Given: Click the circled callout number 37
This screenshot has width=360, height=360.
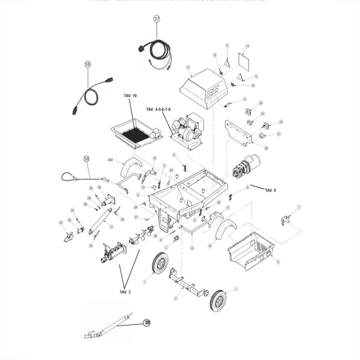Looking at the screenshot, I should (157, 19).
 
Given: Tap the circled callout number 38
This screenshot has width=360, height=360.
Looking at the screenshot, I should (87, 63).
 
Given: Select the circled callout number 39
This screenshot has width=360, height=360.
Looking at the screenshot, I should (146, 323).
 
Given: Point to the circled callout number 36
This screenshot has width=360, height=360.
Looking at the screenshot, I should (86, 159).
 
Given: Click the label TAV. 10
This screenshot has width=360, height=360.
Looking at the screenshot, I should (130, 96).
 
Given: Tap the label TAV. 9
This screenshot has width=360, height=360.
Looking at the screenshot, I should (271, 190).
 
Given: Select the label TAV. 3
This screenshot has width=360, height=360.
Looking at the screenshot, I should (125, 291).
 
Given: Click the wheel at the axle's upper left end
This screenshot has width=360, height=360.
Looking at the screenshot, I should (160, 263).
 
